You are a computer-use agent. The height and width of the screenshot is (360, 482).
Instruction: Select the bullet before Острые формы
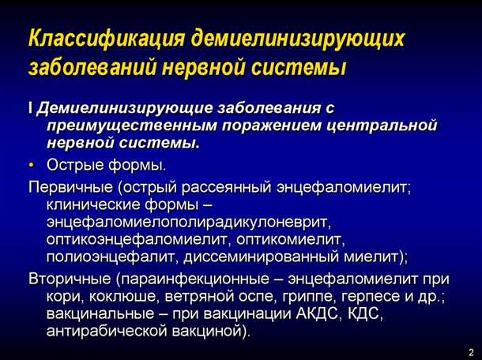(x=32, y=166)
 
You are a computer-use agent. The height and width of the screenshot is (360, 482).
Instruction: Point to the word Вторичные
(x=69, y=279)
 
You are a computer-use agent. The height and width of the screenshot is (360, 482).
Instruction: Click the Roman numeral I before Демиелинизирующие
(x=30, y=108)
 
